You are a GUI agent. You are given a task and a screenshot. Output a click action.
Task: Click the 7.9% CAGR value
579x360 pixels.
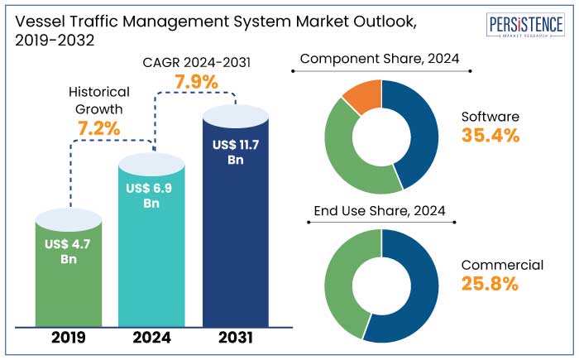pos(196,82)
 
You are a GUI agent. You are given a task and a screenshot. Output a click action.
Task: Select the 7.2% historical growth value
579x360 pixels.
pos(99,128)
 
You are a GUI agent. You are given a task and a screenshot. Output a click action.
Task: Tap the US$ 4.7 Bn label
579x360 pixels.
pos(69,252)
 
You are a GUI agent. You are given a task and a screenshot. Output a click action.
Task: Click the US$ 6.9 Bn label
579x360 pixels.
pos(152,196)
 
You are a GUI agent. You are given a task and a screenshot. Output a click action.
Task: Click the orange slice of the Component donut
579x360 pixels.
pos(362,96)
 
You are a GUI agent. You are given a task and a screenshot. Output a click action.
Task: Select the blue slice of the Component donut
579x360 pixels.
pos(419,132)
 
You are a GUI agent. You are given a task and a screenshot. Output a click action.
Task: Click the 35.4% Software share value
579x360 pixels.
pos(490,137)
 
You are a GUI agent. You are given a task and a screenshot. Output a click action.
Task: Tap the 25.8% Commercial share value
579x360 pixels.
pos(490,284)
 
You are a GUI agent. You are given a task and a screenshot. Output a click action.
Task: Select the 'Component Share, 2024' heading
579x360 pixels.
pos(380,59)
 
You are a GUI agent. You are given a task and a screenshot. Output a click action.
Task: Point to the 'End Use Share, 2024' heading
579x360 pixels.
pos(380,211)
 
